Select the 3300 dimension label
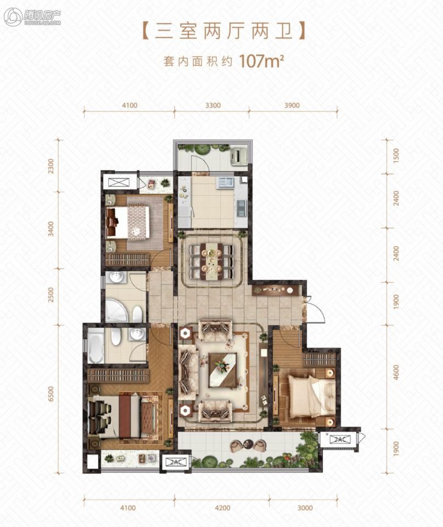tap(212, 105)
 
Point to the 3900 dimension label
tap(292, 105)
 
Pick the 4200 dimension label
tap(222, 508)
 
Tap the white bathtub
tap(96, 346)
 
